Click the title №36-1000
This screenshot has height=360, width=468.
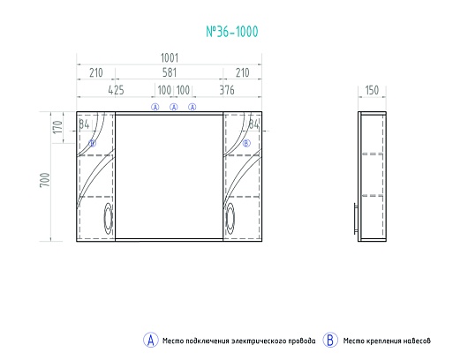[232, 32]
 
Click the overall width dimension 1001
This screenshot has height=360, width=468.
[170, 58]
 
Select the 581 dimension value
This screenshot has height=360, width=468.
[170, 72]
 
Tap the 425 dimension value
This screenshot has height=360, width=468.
[116, 90]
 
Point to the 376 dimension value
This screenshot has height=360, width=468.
[227, 90]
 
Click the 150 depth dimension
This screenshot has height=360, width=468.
[372, 90]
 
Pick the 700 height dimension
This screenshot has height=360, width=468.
[45, 180]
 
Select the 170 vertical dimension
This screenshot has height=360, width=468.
[58, 127]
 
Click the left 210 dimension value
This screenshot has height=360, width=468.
[96, 72]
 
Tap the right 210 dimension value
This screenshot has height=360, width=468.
[242, 72]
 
